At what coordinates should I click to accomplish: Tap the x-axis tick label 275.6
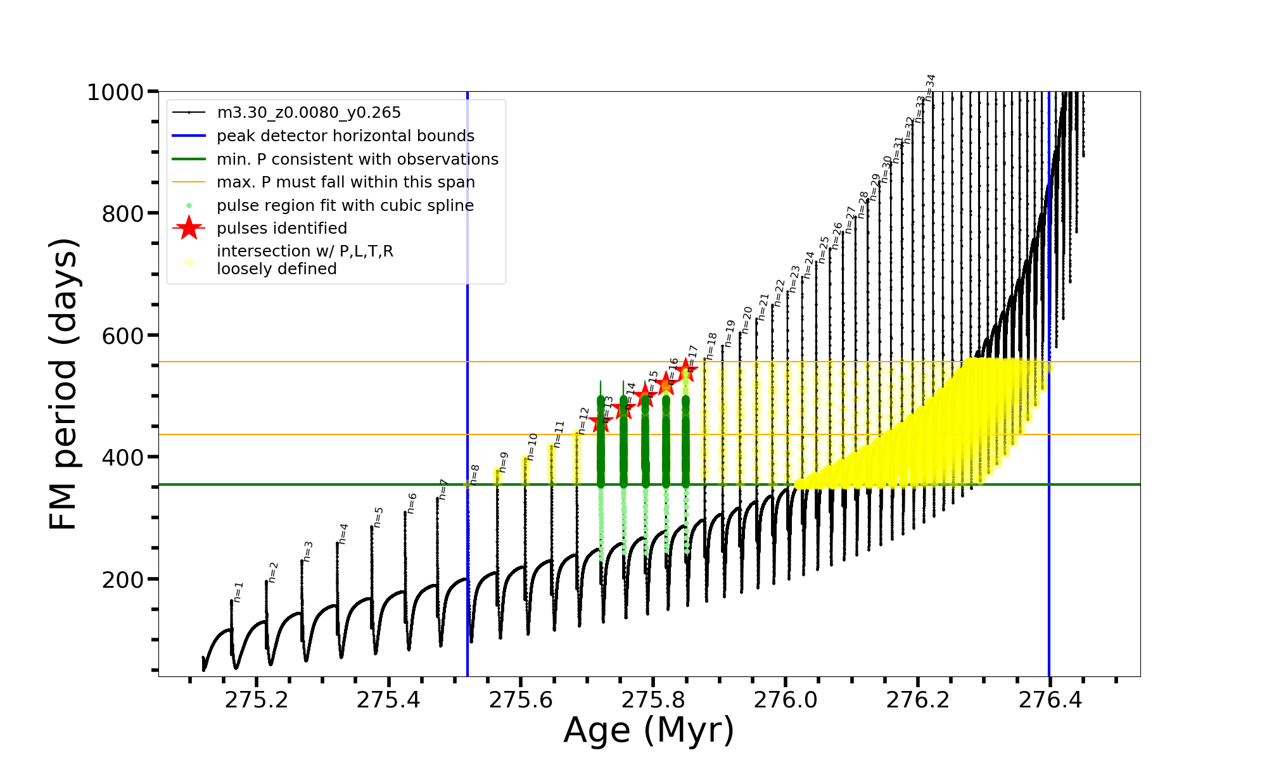(x=521, y=700)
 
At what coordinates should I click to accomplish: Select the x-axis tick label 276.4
(x=1050, y=700)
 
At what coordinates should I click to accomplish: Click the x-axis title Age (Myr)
(x=649, y=730)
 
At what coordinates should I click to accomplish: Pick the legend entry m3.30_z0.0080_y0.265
(x=309, y=113)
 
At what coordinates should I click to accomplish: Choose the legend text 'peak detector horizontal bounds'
(x=345, y=136)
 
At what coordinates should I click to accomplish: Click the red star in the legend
(x=189, y=229)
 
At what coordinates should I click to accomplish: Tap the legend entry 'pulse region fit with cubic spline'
(x=345, y=206)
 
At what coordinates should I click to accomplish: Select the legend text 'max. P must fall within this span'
(x=345, y=182)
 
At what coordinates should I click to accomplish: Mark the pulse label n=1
(x=238, y=592)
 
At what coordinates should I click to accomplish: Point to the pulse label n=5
(x=378, y=517)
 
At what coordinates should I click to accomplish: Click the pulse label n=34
(x=930, y=87)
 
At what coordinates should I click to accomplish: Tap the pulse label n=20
(x=747, y=320)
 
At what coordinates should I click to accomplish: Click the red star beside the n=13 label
(x=601, y=422)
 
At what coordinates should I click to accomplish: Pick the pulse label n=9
(x=504, y=462)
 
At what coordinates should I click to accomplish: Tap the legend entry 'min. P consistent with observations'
(x=357, y=160)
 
